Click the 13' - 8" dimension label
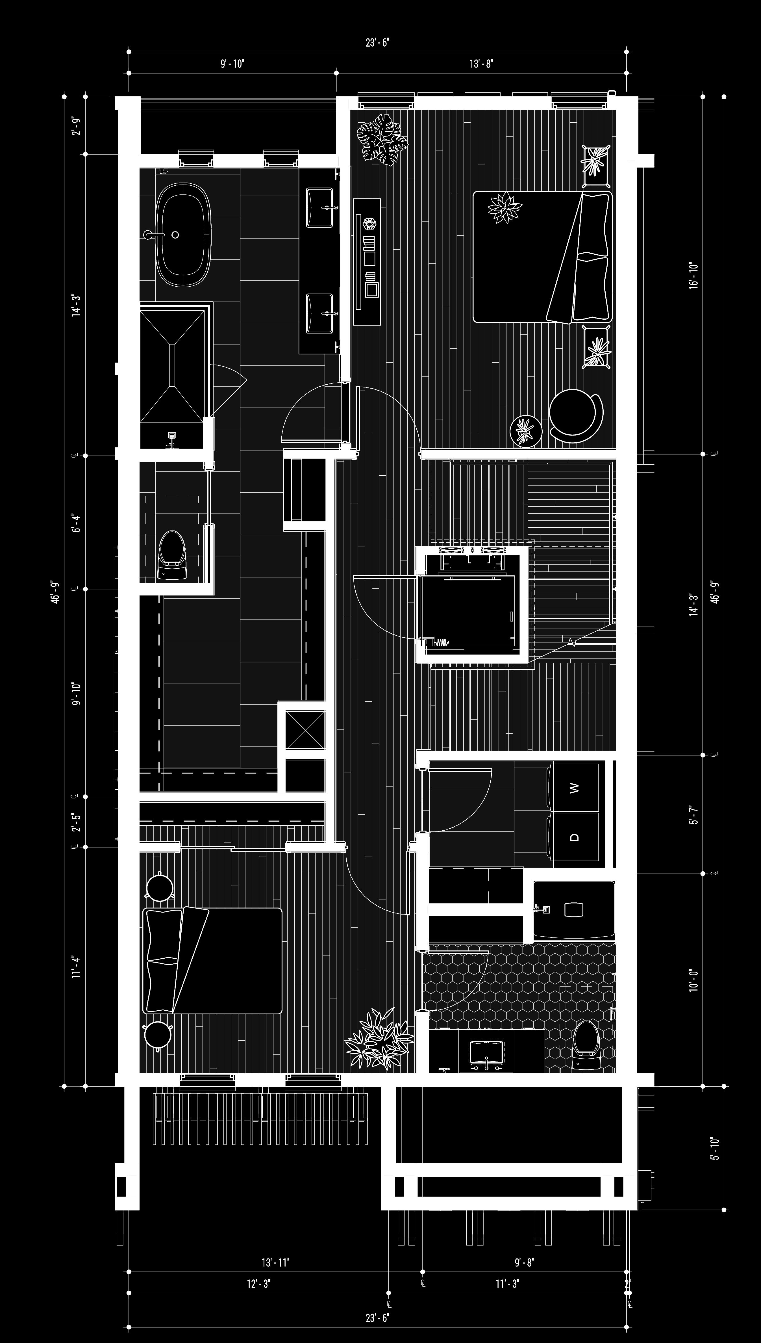tap(481, 64)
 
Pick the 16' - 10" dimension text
tap(693, 276)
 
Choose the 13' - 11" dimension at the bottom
tap(275, 1262)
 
